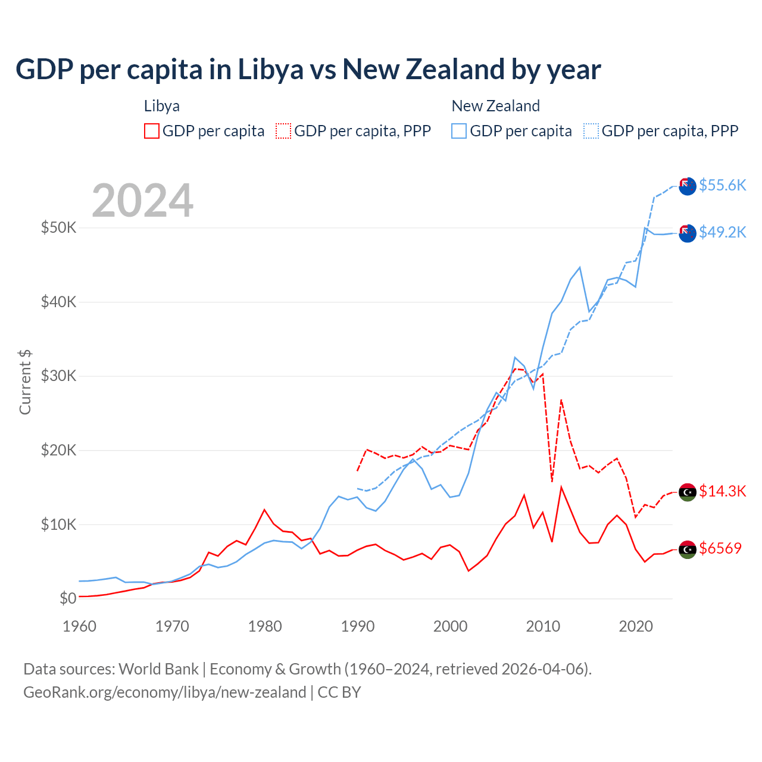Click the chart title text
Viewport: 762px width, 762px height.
coord(308,70)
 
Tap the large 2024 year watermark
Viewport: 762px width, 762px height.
coord(143,201)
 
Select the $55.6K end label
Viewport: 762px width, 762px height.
coord(722,185)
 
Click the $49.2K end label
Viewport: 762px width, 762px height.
coord(722,232)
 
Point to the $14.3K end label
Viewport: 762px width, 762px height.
coord(722,491)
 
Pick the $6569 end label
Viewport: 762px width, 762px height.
coord(720,548)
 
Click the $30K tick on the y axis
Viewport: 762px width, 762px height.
coord(58,376)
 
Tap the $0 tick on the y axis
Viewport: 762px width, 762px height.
coord(68,598)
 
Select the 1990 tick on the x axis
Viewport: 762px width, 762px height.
coord(358,626)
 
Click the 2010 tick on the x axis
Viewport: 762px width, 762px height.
coord(543,626)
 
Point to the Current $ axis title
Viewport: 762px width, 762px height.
coord(25,382)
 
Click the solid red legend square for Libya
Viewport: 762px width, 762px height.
coord(152,131)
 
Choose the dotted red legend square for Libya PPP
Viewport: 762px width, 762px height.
coord(283,131)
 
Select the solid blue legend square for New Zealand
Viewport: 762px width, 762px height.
coord(459,131)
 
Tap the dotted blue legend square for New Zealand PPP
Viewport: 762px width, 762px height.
coord(591,131)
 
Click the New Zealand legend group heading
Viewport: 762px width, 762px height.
coord(495,106)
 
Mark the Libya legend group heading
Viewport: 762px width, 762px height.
coord(162,106)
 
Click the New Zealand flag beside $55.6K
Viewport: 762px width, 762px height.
coord(688,186)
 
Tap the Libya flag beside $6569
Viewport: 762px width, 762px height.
coord(688,549)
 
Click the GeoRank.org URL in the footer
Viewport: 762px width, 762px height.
coord(165,692)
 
